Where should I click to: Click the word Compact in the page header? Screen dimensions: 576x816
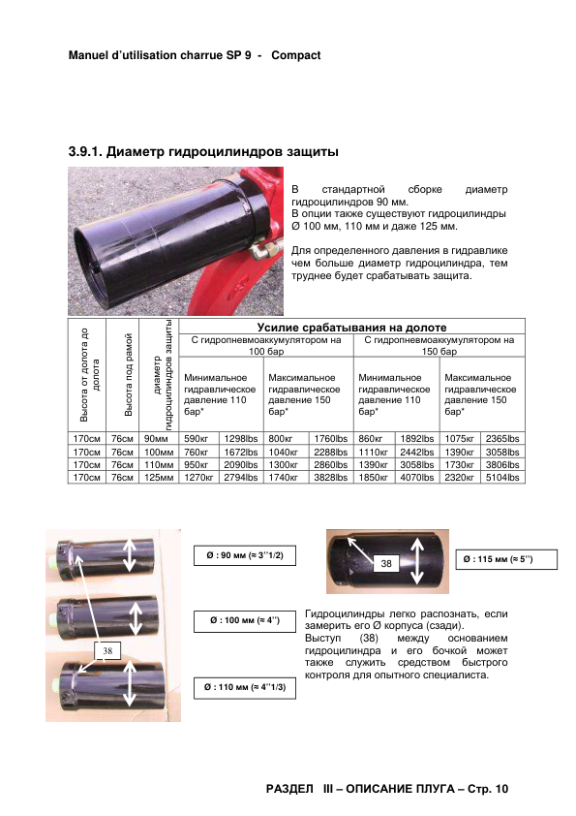click(296, 55)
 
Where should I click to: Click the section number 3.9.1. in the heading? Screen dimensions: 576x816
click(85, 152)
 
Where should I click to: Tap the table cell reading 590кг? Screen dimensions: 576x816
click(196, 439)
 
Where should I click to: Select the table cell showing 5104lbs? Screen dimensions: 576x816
click(502, 477)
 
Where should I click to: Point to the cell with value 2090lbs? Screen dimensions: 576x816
click(241, 465)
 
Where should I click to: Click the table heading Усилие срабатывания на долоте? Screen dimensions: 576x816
click(352, 328)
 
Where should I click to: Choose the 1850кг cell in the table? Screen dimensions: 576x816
click(374, 477)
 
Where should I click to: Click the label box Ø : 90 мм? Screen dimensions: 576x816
click(245, 556)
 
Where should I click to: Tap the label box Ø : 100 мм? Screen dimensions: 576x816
click(245, 620)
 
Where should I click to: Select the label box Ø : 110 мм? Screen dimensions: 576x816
click(245, 687)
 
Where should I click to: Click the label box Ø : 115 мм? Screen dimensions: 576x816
click(506, 559)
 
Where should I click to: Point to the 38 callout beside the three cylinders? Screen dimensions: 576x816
click(107, 650)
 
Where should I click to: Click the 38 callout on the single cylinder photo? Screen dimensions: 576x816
click(385, 563)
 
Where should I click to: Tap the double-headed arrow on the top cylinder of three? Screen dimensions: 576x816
click(130, 554)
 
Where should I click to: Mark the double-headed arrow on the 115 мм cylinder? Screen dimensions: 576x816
click(417, 561)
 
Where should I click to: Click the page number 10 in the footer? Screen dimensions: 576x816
click(501, 789)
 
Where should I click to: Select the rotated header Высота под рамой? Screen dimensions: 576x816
click(129, 375)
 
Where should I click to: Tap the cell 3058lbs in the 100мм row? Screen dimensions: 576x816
click(502, 453)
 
